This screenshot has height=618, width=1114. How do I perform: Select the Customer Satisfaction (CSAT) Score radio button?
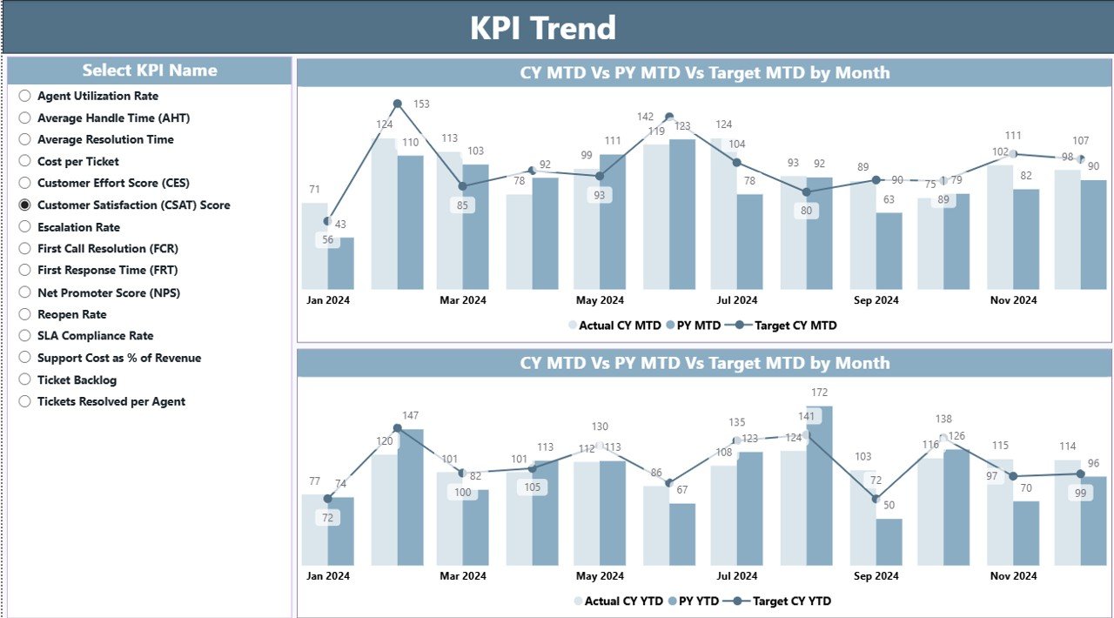coord(25,205)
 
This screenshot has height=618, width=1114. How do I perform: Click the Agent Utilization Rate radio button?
coord(25,96)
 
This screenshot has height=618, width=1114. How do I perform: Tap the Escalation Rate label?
coord(78,227)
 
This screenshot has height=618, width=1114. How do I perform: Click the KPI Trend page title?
coord(543,28)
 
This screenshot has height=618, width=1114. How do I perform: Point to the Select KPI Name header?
coord(150,71)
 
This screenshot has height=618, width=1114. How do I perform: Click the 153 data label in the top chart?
coord(421,104)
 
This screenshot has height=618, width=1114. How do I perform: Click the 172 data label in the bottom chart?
coord(819,393)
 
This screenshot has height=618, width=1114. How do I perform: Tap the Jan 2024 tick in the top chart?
coord(328,300)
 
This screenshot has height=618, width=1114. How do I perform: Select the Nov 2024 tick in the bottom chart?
coord(1013,576)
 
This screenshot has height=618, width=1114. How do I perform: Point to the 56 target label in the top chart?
coord(327,240)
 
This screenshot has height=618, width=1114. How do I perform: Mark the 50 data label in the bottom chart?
coord(889,505)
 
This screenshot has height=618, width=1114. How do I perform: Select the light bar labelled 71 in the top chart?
coord(314,246)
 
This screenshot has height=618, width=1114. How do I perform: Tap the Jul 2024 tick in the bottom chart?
coord(736,576)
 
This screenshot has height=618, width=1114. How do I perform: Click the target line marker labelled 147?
coord(398,428)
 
